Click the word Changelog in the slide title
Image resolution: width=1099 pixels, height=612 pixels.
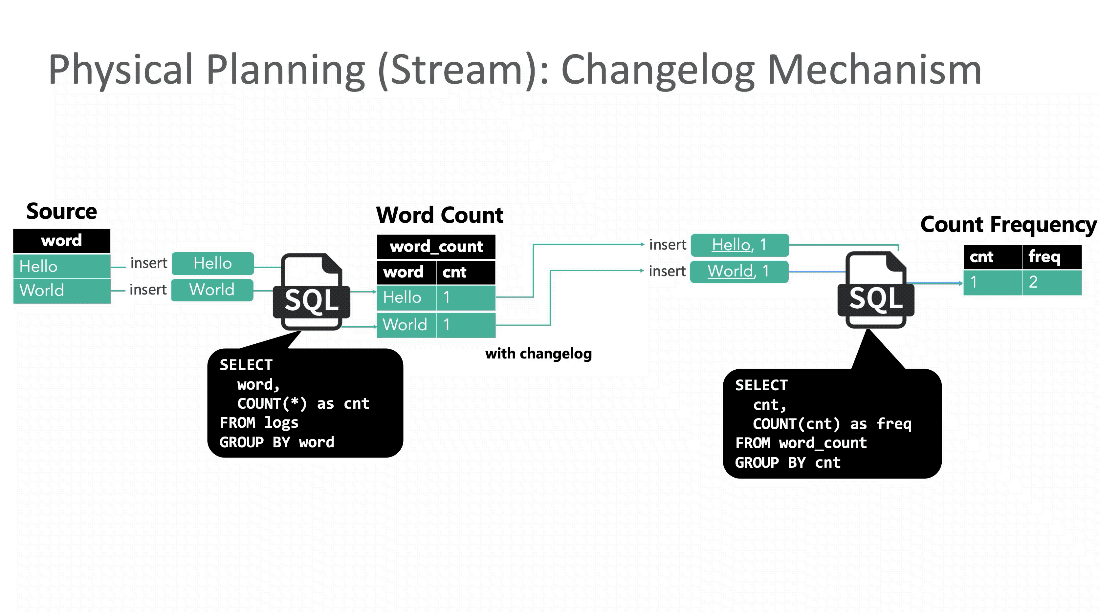coord(657,70)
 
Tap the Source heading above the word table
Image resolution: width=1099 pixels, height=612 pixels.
coord(62,212)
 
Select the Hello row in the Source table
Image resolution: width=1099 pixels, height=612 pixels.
coord(62,266)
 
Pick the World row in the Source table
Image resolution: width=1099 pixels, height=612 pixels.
coord(62,291)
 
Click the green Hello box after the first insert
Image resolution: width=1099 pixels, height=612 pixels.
coord(213,263)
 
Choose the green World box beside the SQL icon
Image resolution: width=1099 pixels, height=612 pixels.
coord(212,290)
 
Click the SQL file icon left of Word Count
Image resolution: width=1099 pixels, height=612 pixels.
coord(311,292)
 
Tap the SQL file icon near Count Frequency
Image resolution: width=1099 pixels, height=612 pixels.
coord(875,290)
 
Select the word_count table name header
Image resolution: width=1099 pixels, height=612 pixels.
coord(436,247)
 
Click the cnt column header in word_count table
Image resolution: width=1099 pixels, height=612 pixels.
coord(465,272)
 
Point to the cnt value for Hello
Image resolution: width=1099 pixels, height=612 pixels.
coord(465,297)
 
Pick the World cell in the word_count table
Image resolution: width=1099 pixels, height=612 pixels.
coord(406,325)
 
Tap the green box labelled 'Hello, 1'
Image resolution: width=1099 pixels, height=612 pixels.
coord(739,245)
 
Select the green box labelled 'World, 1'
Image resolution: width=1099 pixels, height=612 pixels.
coord(739,271)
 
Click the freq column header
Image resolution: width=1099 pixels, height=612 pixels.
coord(1052,257)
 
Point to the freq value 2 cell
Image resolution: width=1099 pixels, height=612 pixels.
coord(1052,282)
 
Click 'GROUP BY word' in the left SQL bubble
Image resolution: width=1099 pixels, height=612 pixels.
coord(277,442)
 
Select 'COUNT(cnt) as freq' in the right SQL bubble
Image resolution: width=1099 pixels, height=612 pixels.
coord(832,424)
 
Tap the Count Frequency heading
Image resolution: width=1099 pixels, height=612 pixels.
coord(1008,225)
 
